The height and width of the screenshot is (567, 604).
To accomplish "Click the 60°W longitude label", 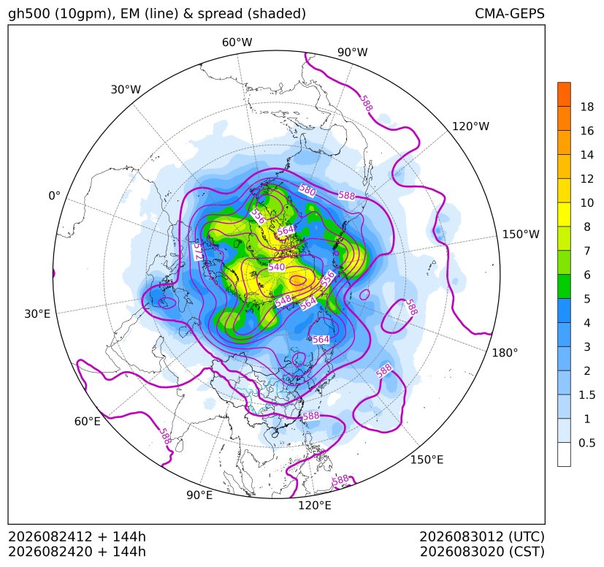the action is coord(237,42).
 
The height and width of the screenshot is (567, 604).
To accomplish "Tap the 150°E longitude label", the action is coord(427,460).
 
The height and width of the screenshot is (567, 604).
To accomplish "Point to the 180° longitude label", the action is coord(505,352).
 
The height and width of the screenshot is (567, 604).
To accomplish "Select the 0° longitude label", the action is coord(54,196).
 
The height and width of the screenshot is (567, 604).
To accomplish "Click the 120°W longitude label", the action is coord(470,126).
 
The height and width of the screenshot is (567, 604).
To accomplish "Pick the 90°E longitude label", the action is coord(199,495).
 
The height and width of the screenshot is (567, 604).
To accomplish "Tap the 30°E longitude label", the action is coord(37,313).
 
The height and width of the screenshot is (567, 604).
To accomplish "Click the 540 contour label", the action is coord(277,267).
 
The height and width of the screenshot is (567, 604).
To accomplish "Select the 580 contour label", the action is coord(307,190).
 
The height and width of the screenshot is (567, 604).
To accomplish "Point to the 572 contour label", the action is coord(198,251).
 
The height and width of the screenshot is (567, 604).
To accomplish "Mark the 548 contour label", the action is coord(283,301).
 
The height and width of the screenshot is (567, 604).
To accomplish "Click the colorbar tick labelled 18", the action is coord(587,107).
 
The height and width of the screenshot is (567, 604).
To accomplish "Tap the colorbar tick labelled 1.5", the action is coord(586,395).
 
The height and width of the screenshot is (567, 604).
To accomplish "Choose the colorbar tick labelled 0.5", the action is coord(586,443).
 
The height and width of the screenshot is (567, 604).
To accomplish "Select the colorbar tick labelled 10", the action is coord(587,202).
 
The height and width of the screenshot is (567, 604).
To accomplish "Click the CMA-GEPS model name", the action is coord(510,13).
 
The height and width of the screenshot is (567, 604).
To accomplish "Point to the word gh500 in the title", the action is coord(29,14).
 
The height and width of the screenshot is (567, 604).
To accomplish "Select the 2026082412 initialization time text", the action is coord(50,536).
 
